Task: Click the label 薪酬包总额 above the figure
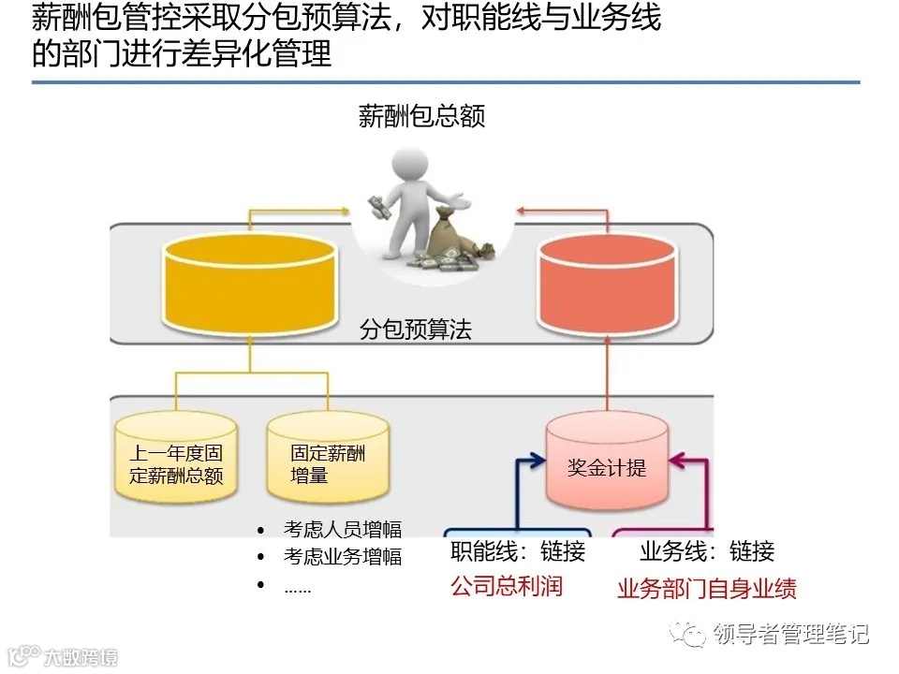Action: pyautogui.click(x=422, y=116)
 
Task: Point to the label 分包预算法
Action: pyautogui.click(x=416, y=330)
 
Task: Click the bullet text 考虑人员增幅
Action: pyautogui.click(x=343, y=529)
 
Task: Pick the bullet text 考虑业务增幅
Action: pyautogui.click(x=343, y=557)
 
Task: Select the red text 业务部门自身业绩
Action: pyautogui.click(x=707, y=590)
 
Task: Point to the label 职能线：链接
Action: pyautogui.click(x=518, y=551)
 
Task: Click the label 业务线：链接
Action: pyautogui.click(x=707, y=551)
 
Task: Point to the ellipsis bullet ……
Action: pyautogui.click(x=297, y=587)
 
